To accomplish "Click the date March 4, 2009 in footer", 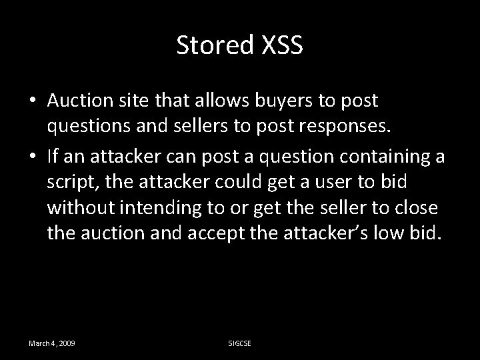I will [51, 343].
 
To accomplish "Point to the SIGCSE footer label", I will [239, 343].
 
